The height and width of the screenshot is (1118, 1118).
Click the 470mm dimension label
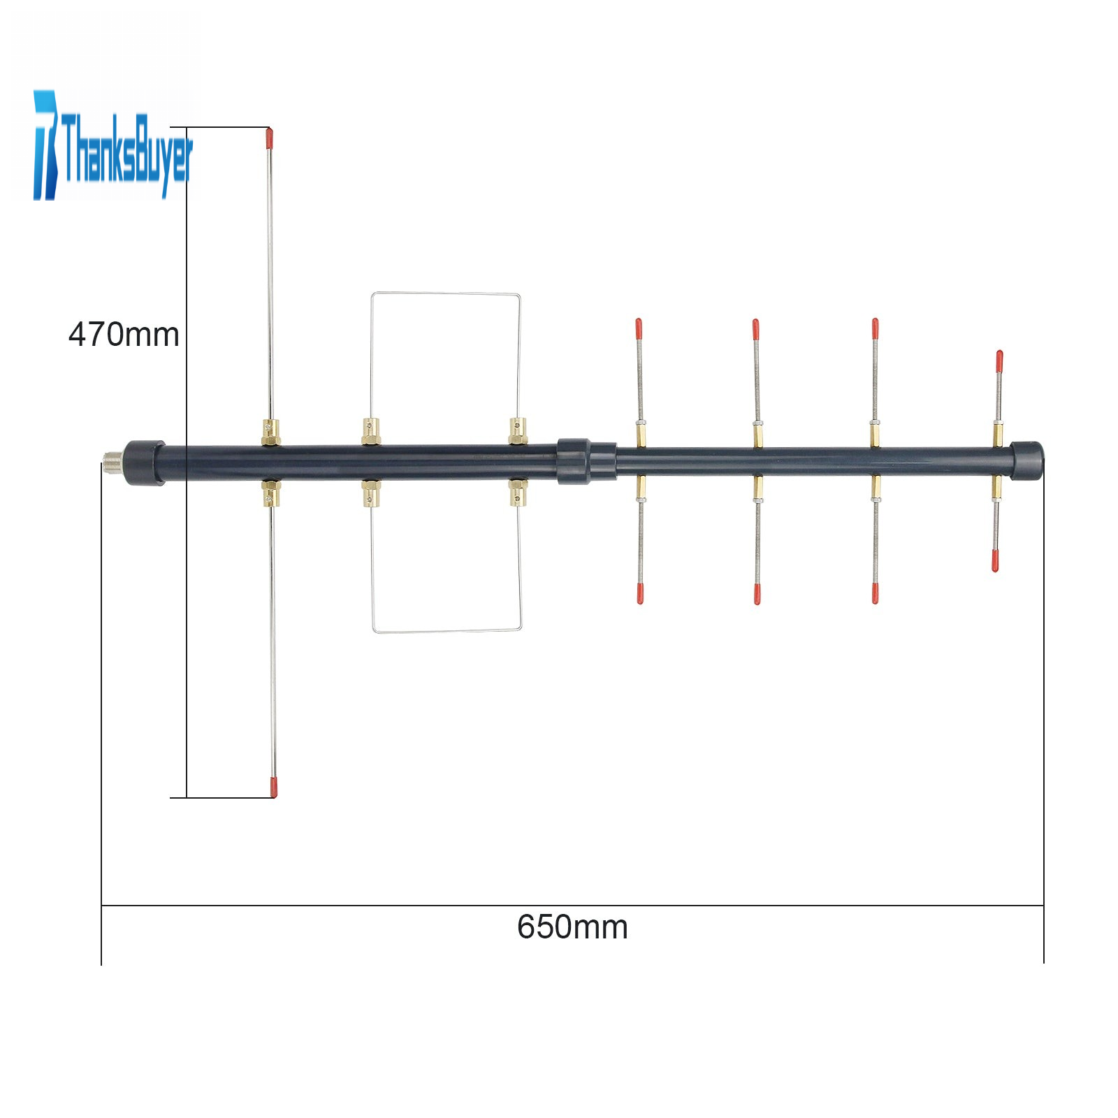[124, 335]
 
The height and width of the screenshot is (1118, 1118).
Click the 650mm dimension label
[572, 927]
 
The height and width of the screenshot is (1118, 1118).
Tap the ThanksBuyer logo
[112, 145]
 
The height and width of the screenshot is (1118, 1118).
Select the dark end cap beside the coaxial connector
[145, 462]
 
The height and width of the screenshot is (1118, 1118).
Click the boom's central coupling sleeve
[587, 461]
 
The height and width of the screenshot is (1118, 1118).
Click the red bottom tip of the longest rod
[273, 786]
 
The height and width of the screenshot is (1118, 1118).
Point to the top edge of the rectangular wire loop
[446, 293]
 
